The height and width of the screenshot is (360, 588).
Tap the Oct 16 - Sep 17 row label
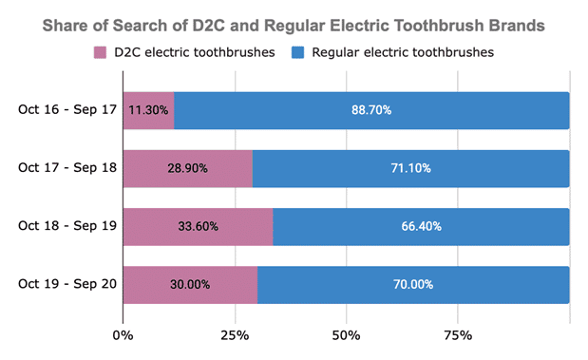tap(67, 110)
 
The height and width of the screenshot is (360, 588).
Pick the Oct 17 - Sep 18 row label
tap(67, 168)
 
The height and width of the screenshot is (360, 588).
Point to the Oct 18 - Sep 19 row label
tap(67, 227)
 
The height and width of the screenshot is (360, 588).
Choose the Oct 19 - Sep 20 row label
tap(67, 285)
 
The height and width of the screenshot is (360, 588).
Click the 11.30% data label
tap(149, 110)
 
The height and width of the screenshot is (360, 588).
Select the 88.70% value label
tap(371, 110)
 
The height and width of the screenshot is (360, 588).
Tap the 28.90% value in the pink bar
tap(188, 168)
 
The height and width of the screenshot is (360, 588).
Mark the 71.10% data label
tap(410, 168)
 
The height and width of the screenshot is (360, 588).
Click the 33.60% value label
tap(199, 227)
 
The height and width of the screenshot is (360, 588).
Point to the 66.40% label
tap(421, 227)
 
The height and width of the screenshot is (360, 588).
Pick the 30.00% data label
tap(190, 285)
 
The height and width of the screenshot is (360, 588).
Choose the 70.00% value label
tap(413, 285)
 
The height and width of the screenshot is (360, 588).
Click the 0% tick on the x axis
tap(123, 334)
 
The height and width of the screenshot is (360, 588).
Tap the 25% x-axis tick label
tap(235, 334)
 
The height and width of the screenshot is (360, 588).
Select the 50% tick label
tap(347, 334)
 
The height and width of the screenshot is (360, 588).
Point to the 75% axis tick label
tap(458, 334)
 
